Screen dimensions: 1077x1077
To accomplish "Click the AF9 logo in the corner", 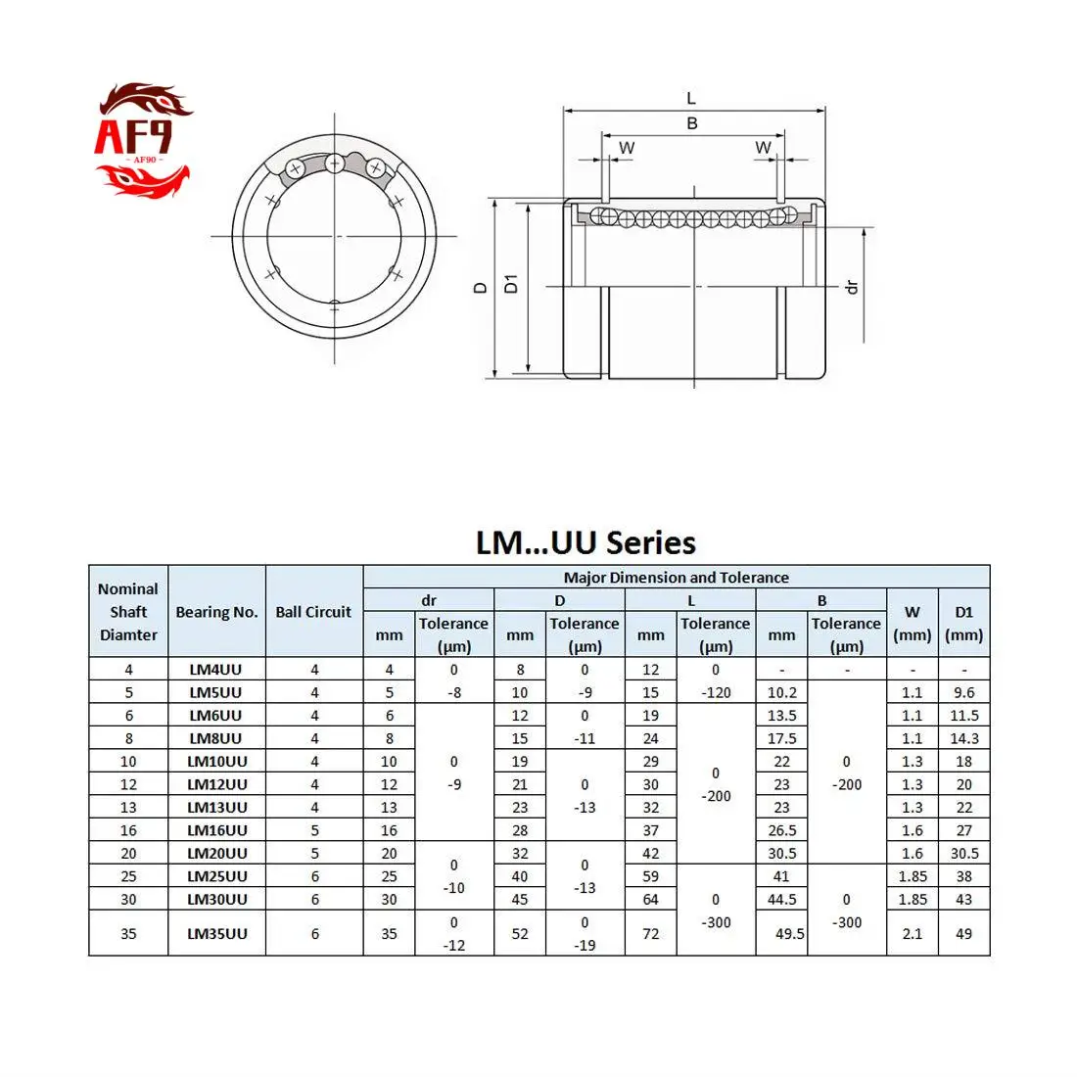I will (142, 140).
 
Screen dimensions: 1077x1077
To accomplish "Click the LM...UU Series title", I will (585, 542).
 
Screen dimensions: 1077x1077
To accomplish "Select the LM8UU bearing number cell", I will (216, 738).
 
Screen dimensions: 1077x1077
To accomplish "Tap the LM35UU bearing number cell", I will (216, 933).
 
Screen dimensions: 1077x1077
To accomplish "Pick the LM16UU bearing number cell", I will (216, 830).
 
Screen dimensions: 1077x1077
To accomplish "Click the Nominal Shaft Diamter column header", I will (128, 612).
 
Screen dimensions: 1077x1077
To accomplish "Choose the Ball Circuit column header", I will (313, 612).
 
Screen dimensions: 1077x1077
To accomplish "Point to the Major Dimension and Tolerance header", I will (676, 578).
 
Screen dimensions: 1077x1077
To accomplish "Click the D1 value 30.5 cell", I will (963, 853).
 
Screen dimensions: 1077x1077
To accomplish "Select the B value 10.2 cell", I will (781, 692).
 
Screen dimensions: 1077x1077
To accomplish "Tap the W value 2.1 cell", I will (912, 933).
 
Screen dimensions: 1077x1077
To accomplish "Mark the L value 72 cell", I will (650, 933).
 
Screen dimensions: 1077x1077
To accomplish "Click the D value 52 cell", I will (520, 933).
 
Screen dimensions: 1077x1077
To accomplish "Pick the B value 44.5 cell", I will (781, 899).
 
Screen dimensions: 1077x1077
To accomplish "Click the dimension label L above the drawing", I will (691, 98).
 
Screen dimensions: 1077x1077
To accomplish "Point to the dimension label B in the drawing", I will (692, 123).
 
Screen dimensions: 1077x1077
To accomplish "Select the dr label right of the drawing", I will (851, 287).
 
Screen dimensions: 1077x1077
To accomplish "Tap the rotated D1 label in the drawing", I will (510, 284).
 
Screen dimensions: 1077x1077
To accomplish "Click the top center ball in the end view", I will (335, 163).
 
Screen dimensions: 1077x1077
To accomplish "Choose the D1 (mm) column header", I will (963, 623).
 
